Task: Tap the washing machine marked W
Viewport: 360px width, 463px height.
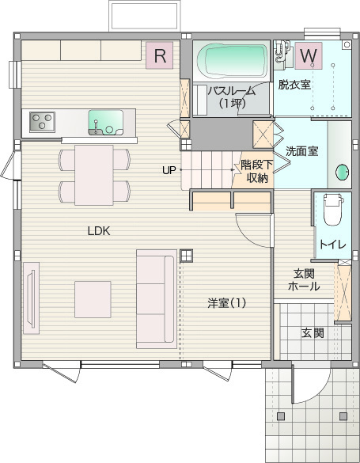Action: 309,55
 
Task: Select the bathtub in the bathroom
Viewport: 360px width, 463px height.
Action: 233,59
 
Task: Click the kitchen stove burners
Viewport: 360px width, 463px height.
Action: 43,121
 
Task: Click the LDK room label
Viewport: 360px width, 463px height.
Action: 98,231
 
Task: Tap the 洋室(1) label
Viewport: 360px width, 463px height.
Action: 227,302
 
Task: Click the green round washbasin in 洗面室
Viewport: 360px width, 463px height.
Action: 343,171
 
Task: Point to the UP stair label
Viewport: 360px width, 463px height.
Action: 169,170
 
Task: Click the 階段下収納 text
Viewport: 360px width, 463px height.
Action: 256,172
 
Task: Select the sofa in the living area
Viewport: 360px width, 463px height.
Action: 156,298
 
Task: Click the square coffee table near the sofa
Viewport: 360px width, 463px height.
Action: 93,299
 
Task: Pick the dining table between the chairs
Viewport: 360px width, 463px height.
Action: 94,174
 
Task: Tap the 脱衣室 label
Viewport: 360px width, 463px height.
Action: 294,85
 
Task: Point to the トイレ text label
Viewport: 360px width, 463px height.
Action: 332,244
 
